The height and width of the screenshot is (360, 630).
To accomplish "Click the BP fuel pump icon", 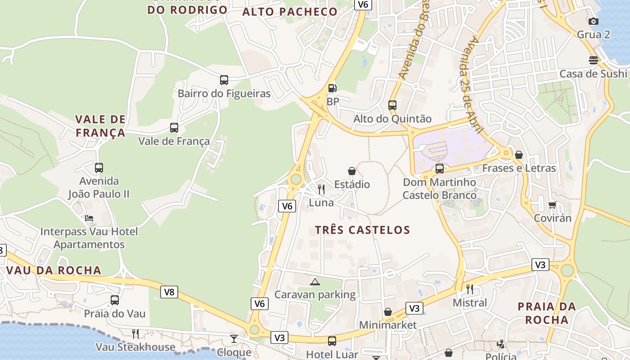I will click(332, 88).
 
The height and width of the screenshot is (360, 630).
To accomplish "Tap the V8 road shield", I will click(169, 292).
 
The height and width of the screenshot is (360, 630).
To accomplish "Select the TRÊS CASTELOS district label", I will click(362, 230).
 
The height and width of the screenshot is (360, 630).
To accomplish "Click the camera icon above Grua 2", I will click(594, 21).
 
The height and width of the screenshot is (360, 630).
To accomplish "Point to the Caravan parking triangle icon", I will click(315, 282).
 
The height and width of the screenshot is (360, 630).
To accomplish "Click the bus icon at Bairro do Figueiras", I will click(224, 80).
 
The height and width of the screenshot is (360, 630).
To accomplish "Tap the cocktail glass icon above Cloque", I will click(234, 338).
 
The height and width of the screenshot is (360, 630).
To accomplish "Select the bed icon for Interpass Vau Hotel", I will click(89, 219).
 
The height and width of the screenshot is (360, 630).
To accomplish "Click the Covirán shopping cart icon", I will click(552, 205).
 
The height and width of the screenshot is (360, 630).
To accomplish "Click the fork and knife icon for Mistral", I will click(470, 289).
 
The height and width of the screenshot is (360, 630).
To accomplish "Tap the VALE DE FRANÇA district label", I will click(100, 126).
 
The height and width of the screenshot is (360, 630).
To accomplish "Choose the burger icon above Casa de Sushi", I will click(593, 60).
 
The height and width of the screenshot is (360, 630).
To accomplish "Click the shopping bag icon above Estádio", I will click(352, 171).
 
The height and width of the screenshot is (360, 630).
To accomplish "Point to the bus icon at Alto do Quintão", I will click(392, 105).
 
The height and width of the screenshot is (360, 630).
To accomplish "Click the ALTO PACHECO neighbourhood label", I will click(290, 12).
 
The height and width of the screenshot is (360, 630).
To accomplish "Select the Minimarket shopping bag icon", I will click(387, 312).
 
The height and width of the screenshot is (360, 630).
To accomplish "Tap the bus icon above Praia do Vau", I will click(115, 300).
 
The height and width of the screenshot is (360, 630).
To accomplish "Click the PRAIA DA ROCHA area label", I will click(547, 313).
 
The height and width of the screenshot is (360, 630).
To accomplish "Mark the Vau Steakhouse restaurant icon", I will click(135, 333).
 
